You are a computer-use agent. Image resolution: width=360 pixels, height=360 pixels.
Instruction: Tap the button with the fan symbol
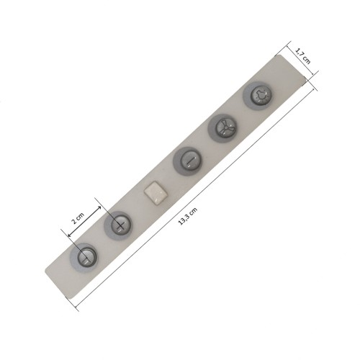tap(226, 127)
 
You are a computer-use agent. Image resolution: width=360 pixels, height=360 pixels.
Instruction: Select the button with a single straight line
tap(190, 160)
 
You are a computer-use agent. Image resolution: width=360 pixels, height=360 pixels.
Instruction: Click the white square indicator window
tap(156, 193)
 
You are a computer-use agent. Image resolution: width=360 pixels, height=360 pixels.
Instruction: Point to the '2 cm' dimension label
tap(78, 217)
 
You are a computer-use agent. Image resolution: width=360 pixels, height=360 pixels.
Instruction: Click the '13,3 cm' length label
tap(188, 216)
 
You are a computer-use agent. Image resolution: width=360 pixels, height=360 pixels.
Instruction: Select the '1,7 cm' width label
tap(302, 56)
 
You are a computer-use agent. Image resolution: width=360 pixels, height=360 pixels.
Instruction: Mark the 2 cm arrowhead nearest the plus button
tap(99, 208)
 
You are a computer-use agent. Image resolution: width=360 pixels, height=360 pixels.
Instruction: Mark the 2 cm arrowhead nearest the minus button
tap(70, 235)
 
